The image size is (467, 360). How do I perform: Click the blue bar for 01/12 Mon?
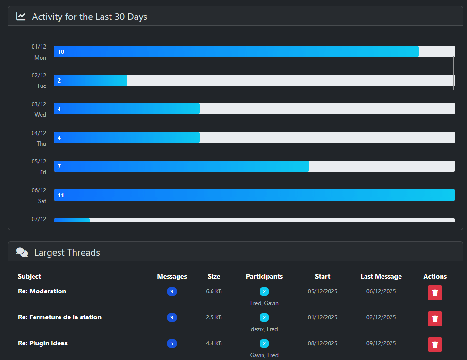pyautogui.click(x=236, y=51)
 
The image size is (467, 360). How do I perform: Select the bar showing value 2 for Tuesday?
pyautogui.click(x=90, y=80)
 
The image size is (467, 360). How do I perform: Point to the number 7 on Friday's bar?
pyautogui.click(x=59, y=167)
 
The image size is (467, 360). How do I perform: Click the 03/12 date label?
pyautogui.click(x=39, y=104)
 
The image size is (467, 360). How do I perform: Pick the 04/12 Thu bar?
pyautogui.click(x=127, y=137)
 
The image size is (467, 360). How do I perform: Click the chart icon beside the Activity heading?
pyautogui.click(x=21, y=17)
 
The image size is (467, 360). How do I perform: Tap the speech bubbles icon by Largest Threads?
pyautogui.click(x=22, y=252)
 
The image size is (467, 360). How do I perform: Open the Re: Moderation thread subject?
pyautogui.click(x=42, y=291)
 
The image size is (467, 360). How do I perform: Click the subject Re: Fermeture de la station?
pyautogui.click(x=59, y=317)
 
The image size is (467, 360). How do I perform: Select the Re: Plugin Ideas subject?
pyautogui.click(x=42, y=343)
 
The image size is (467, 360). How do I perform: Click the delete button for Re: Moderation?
pyautogui.click(x=435, y=293)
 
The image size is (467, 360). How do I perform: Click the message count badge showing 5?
pyautogui.click(x=172, y=343)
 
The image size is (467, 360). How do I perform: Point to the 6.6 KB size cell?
pyautogui.click(x=214, y=291)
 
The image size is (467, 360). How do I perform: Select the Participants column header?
pyautogui.click(x=264, y=276)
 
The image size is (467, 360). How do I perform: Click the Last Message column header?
pyautogui.click(x=381, y=276)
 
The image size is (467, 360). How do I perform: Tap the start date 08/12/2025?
pyautogui.click(x=323, y=343)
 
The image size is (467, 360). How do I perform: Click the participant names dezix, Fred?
pyautogui.click(x=264, y=329)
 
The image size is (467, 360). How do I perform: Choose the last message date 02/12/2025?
pyautogui.click(x=381, y=317)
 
